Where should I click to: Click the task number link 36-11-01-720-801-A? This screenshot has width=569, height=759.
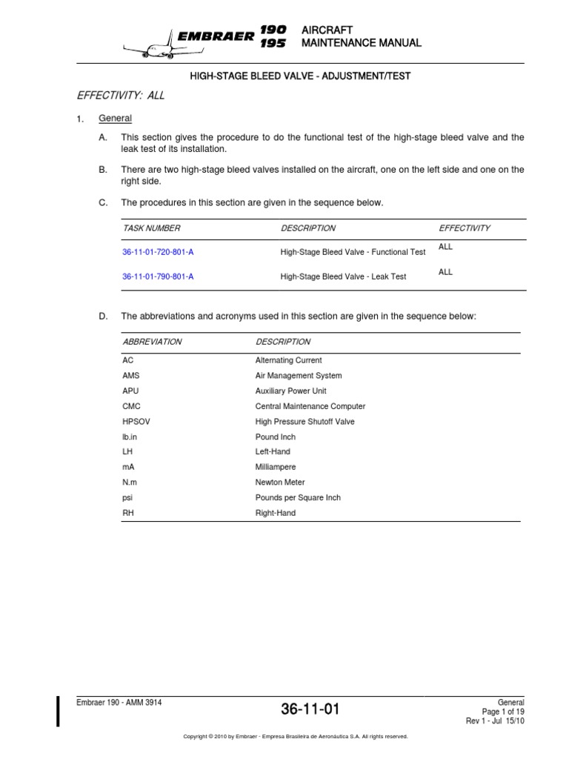[159, 252]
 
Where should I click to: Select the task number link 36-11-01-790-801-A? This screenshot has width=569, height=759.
[159, 276]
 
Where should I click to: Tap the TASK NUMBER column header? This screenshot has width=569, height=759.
[151, 228]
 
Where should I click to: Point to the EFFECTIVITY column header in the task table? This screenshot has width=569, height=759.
[465, 228]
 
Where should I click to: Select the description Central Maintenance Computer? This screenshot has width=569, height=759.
[310, 406]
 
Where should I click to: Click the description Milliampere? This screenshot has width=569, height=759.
[275, 467]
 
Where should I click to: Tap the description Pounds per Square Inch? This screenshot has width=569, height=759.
[298, 497]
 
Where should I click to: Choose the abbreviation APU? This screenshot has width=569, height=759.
[130, 391]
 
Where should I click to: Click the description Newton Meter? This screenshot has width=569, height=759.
[280, 483]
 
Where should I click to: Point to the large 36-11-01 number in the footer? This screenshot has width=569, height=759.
[310, 709]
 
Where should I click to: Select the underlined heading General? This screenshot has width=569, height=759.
[115, 119]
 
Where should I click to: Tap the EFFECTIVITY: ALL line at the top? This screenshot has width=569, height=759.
[121, 96]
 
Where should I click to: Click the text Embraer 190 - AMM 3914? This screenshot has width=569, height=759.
[119, 702]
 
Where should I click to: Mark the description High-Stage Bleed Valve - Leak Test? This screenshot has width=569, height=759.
[343, 276]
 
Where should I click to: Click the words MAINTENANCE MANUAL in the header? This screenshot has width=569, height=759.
[362, 43]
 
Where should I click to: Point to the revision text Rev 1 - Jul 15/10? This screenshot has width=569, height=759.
[495, 721]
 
